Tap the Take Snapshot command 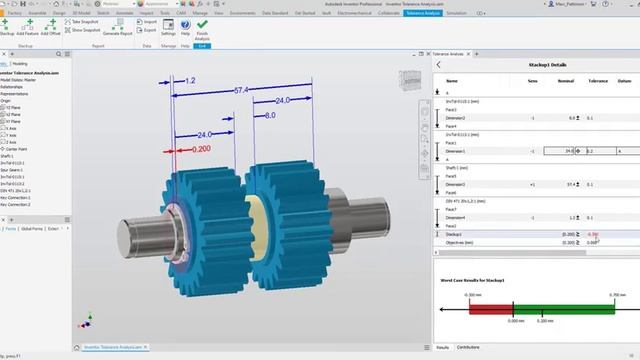coord(90,20)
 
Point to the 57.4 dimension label coord(241,90)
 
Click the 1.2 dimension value coord(189,79)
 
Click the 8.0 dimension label coord(270,115)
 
